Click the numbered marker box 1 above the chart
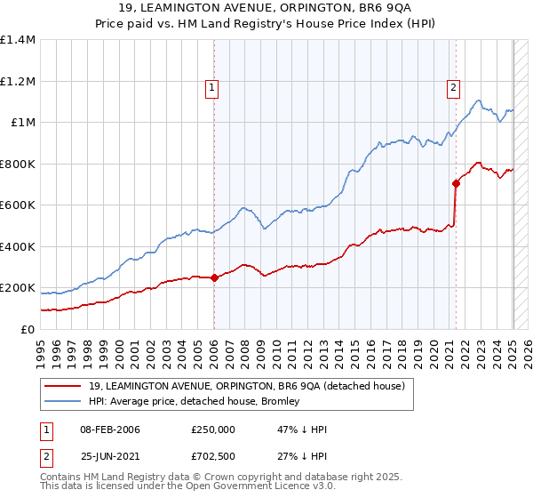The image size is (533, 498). click(213, 87)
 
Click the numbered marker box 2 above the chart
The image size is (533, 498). click(454, 87)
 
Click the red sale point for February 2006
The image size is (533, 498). click(214, 277)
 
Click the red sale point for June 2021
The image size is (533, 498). click(456, 183)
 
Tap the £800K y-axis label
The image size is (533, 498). click(18, 164)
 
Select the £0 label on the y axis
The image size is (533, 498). click(27, 329)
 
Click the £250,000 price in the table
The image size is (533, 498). click(212, 430)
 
